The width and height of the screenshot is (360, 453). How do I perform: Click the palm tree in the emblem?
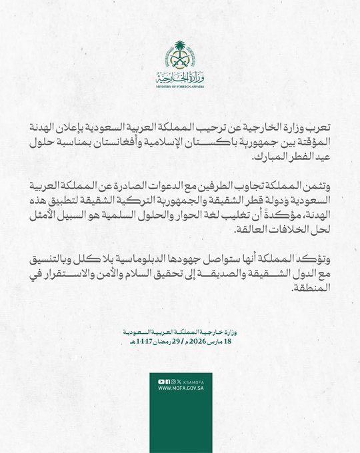[x=179, y=51]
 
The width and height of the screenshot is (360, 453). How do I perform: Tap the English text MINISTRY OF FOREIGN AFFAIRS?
[x=180, y=87]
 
